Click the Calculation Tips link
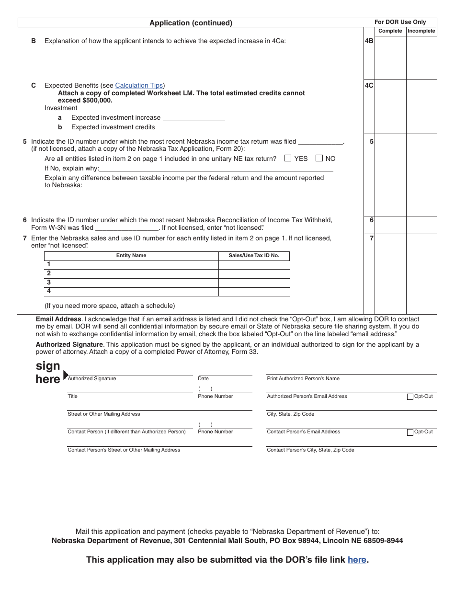139,86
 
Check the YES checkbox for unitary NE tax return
288,158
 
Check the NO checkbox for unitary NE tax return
319,158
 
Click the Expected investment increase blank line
193,118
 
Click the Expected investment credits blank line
193,127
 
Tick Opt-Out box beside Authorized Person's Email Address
410,396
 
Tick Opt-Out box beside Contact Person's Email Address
410,432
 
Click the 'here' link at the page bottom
357,560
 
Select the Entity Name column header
131,256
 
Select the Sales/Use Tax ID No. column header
254,256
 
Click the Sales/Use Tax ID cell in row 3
254,283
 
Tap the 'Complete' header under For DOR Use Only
390,31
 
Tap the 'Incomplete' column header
421,31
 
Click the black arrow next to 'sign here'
66,375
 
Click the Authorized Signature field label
92,379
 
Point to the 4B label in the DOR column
369,41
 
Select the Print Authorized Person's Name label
303,379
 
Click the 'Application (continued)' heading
191,23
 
